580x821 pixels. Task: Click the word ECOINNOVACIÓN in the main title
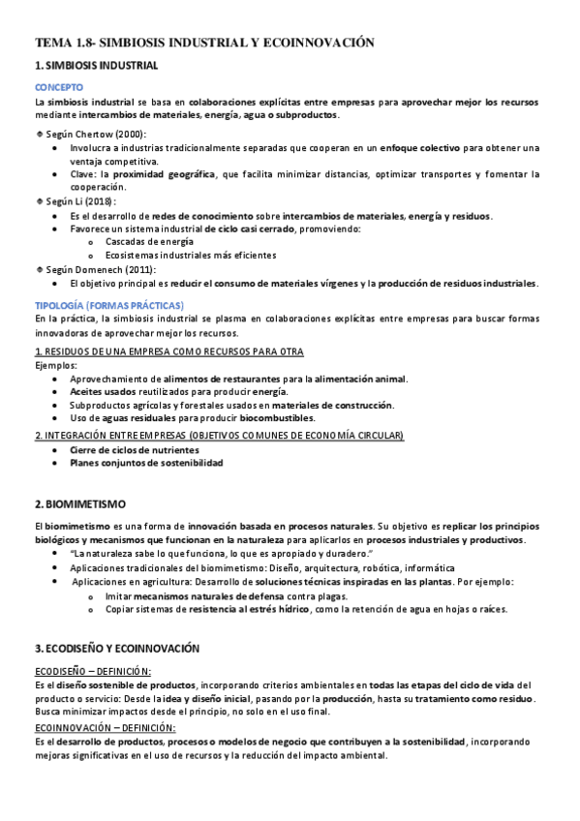[x=317, y=43]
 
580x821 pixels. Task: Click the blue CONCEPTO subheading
[x=59, y=87]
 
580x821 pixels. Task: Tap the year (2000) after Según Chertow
[x=130, y=134]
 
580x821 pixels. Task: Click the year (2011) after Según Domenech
[x=140, y=268]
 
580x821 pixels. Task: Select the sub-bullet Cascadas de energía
[x=149, y=241]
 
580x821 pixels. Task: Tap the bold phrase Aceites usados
[x=102, y=391]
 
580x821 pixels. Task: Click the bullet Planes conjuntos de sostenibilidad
[x=146, y=464]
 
